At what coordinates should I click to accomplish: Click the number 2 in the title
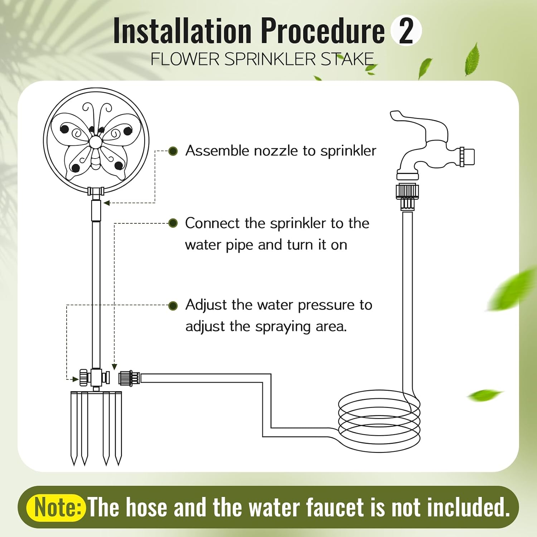click(406, 31)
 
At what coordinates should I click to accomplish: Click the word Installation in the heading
click(182, 31)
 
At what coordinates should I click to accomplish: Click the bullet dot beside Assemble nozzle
click(173, 151)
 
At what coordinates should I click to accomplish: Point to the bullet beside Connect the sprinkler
click(173, 223)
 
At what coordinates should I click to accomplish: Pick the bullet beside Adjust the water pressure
click(173, 306)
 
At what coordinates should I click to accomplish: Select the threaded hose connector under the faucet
click(407, 196)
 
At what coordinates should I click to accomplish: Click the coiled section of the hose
click(379, 421)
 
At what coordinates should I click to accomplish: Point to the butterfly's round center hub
click(96, 142)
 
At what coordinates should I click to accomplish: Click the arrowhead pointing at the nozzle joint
click(106, 203)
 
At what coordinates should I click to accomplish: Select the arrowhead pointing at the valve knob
click(76, 379)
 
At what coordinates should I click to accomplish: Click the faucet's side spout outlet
click(467, 157)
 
